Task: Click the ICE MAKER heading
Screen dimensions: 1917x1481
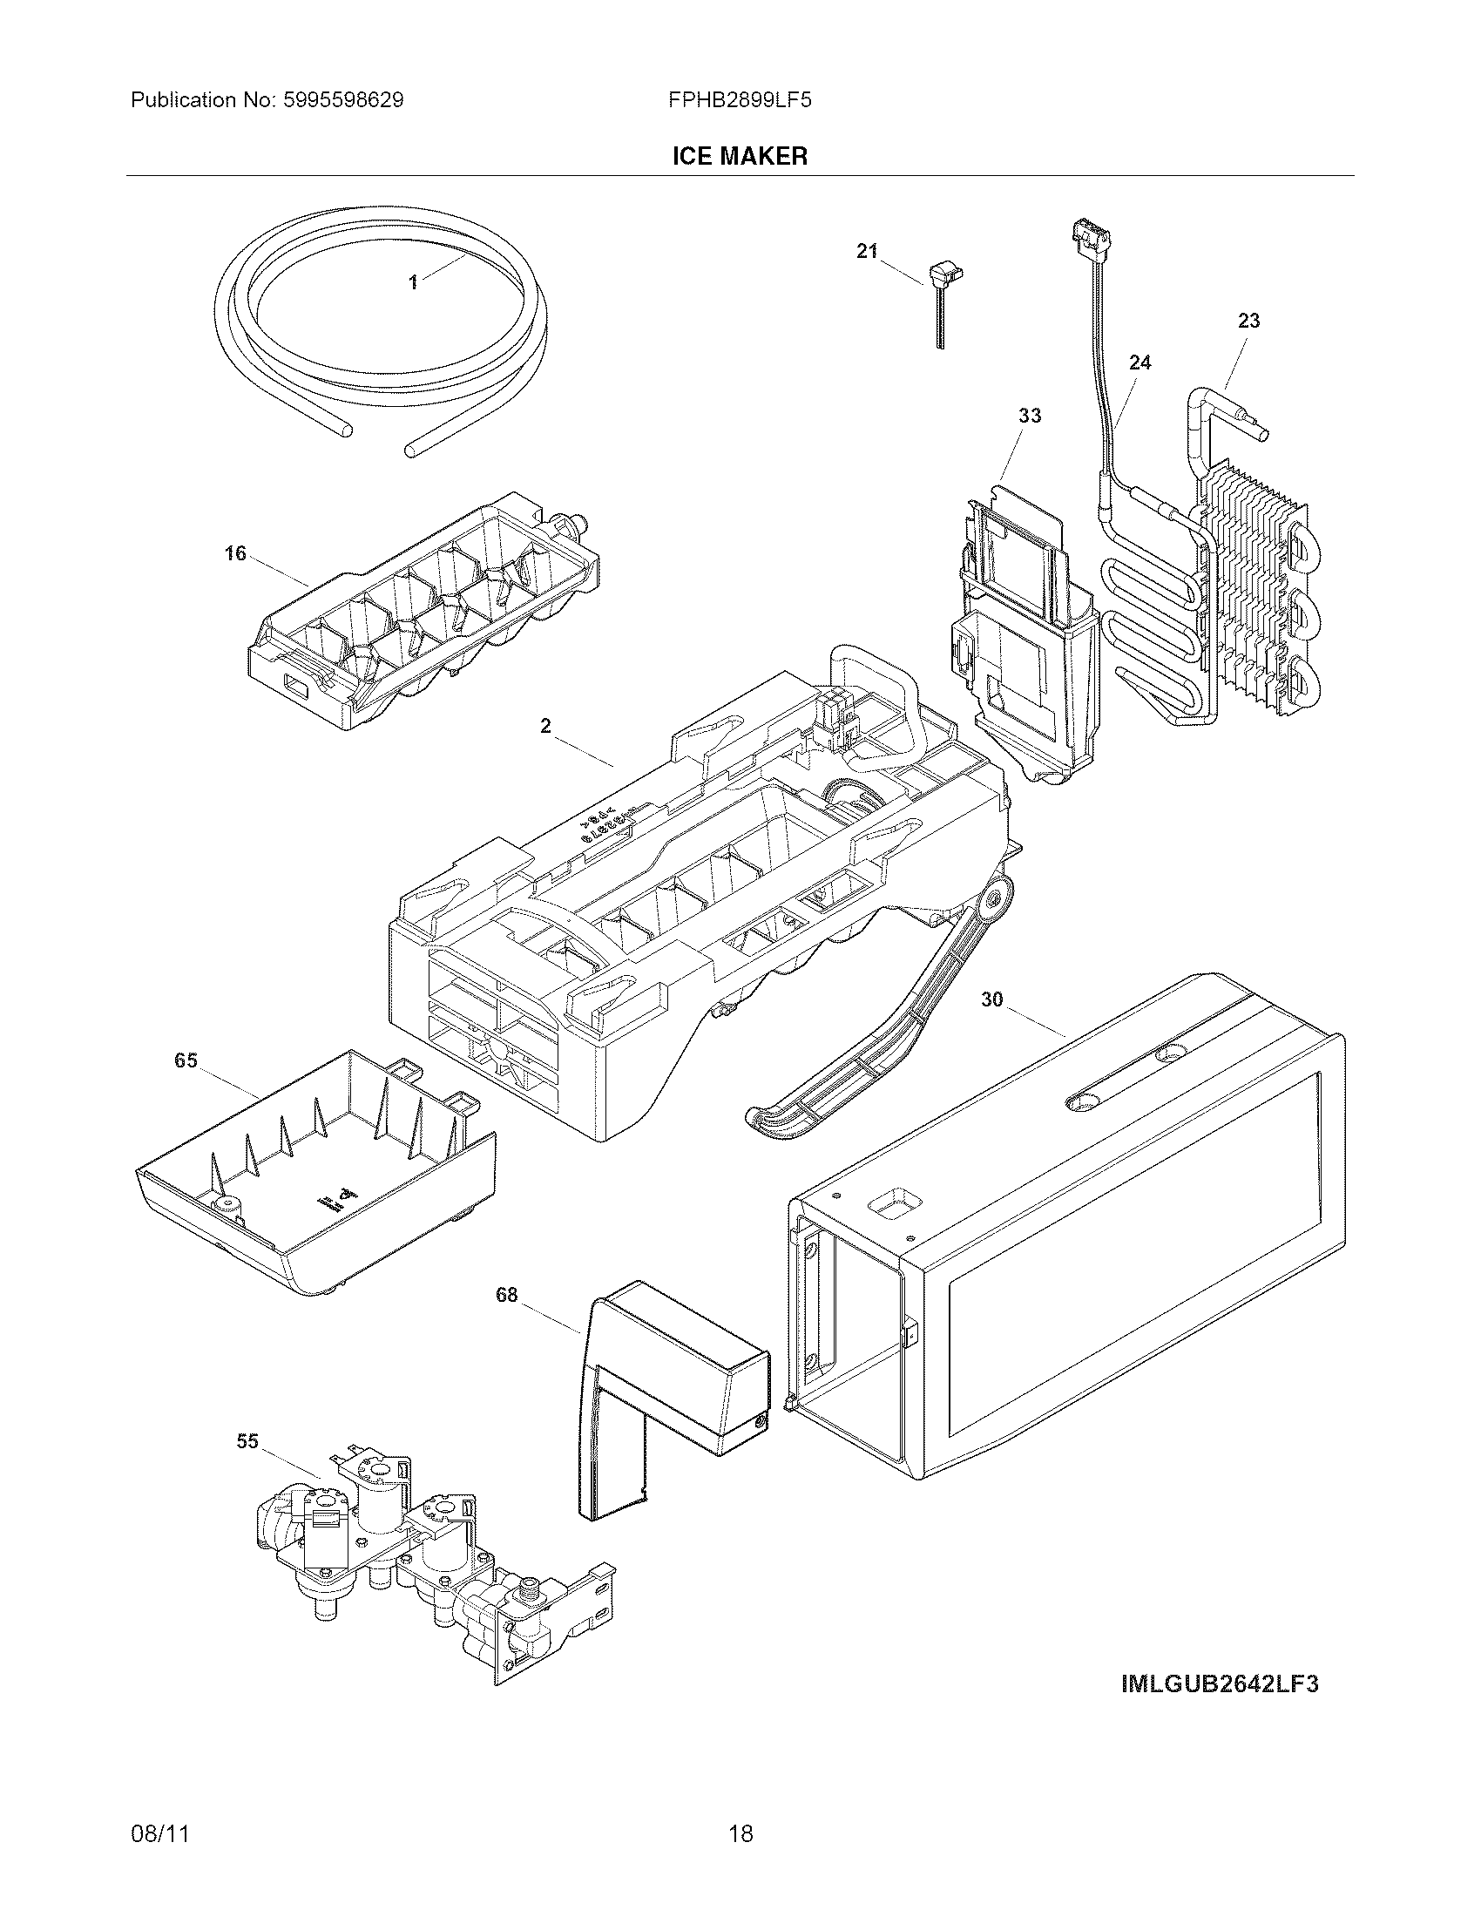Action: pos(739,156)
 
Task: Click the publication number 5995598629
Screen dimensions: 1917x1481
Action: pos(342,100)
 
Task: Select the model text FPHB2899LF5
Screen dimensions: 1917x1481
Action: pos(739,100)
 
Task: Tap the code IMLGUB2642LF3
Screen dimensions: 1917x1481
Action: pos(1219,1684)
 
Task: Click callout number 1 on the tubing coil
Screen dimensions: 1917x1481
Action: pos(412,281)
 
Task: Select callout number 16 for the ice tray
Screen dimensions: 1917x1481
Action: pos(235,554)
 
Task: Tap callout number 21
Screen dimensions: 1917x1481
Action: pos(867,252)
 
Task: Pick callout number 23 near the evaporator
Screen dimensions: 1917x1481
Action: pos(1248,322)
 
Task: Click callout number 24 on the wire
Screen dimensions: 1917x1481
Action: pos(1139,362)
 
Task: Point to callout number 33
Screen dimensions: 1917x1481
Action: pos(1029,415)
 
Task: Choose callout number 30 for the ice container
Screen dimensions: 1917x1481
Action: pos(991,999)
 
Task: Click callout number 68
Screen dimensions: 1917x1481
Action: pos(506,1295)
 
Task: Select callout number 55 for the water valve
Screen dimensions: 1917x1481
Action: pos(247,1441)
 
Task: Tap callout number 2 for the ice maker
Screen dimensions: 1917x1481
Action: pos(545,726)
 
